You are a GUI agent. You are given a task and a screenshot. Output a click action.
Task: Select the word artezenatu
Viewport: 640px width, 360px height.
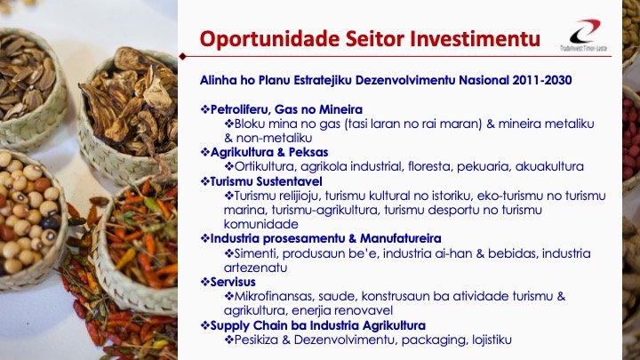pos(256,267)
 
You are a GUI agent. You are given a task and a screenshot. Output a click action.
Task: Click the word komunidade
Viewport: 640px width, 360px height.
pos(262,223)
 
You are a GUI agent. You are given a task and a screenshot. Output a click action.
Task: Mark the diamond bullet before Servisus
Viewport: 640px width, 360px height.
pos(204,282)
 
